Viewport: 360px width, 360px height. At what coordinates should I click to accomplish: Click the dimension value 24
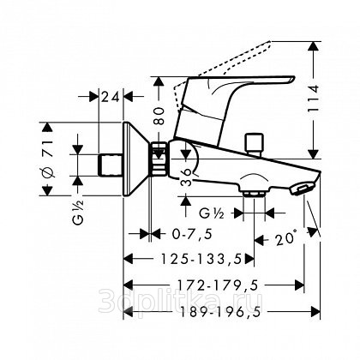point(111,98)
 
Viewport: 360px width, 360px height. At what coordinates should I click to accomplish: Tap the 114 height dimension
point(314,98)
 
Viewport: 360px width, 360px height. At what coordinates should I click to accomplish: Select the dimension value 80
point(160,116)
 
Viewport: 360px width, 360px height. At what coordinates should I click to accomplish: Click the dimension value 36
point(186,177)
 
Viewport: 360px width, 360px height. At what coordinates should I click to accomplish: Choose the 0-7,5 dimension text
point(192,235)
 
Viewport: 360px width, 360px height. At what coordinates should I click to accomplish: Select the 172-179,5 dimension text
point(218,285)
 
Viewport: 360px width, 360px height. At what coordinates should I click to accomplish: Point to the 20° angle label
point(285,238)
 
